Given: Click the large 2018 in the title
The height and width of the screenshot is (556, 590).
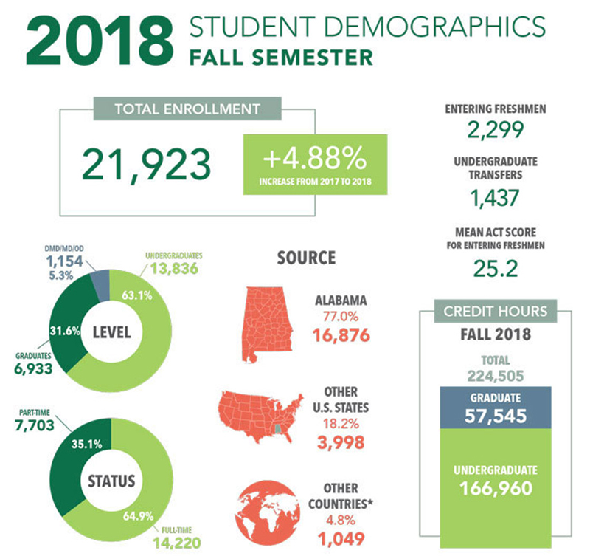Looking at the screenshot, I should tap(96, 43).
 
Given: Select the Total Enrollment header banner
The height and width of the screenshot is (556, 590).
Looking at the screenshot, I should tap(187, 109).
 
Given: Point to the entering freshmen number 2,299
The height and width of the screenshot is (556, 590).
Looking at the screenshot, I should tap(495, 130).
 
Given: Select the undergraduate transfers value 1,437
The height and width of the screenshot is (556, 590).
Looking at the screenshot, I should tap(495, 197).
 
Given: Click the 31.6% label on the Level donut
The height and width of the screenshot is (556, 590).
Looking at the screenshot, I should tap(63, 330).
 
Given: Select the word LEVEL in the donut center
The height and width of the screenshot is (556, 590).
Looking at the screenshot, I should tap(111, 333).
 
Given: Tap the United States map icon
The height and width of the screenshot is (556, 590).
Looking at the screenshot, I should tap(261, 416).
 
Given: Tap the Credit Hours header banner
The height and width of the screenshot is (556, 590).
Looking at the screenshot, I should tap(495, 311).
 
